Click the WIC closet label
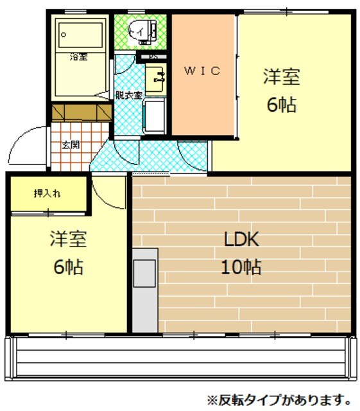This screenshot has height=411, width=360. point(203,71)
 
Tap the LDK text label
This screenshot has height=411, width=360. point(241,240)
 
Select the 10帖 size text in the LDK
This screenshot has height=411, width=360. point(241,268)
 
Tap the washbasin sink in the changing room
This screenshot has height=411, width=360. point(155,78)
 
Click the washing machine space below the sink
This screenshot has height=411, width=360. point(156,116)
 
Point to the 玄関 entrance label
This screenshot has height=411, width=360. point(70,144)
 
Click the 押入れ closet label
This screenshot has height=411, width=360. point(47,193)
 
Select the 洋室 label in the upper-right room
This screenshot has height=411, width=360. point(282,77)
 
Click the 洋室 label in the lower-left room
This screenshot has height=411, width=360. point(68,239)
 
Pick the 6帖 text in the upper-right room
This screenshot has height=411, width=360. point(282,105)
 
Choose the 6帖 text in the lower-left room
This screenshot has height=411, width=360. point(68,267)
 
